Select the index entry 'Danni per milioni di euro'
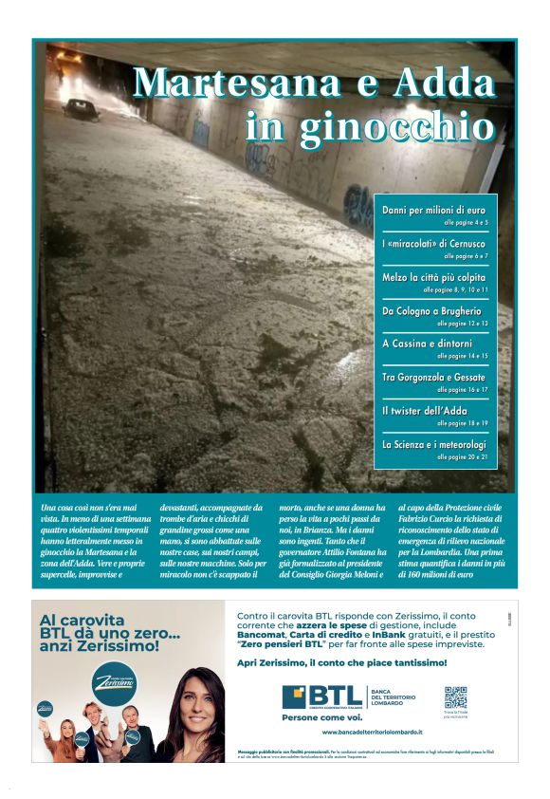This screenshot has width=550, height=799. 433,209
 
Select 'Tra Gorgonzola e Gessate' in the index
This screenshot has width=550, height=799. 434,377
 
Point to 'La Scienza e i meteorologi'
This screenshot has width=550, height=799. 434,443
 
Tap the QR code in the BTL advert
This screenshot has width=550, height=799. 455,697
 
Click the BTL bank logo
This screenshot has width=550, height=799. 322,698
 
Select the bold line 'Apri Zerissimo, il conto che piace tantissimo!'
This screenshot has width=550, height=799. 341,662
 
